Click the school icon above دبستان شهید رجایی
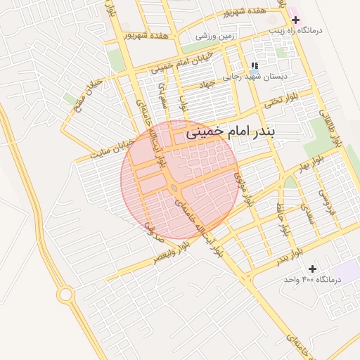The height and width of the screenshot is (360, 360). click(x=253, y=65)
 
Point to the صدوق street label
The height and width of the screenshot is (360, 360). click(x=148, y=224)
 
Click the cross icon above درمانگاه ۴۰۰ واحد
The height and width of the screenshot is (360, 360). click(x=312, y=268)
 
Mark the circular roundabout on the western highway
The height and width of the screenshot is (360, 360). click(x=66, y=294)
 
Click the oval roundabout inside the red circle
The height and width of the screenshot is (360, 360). click(x=173, y=188)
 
